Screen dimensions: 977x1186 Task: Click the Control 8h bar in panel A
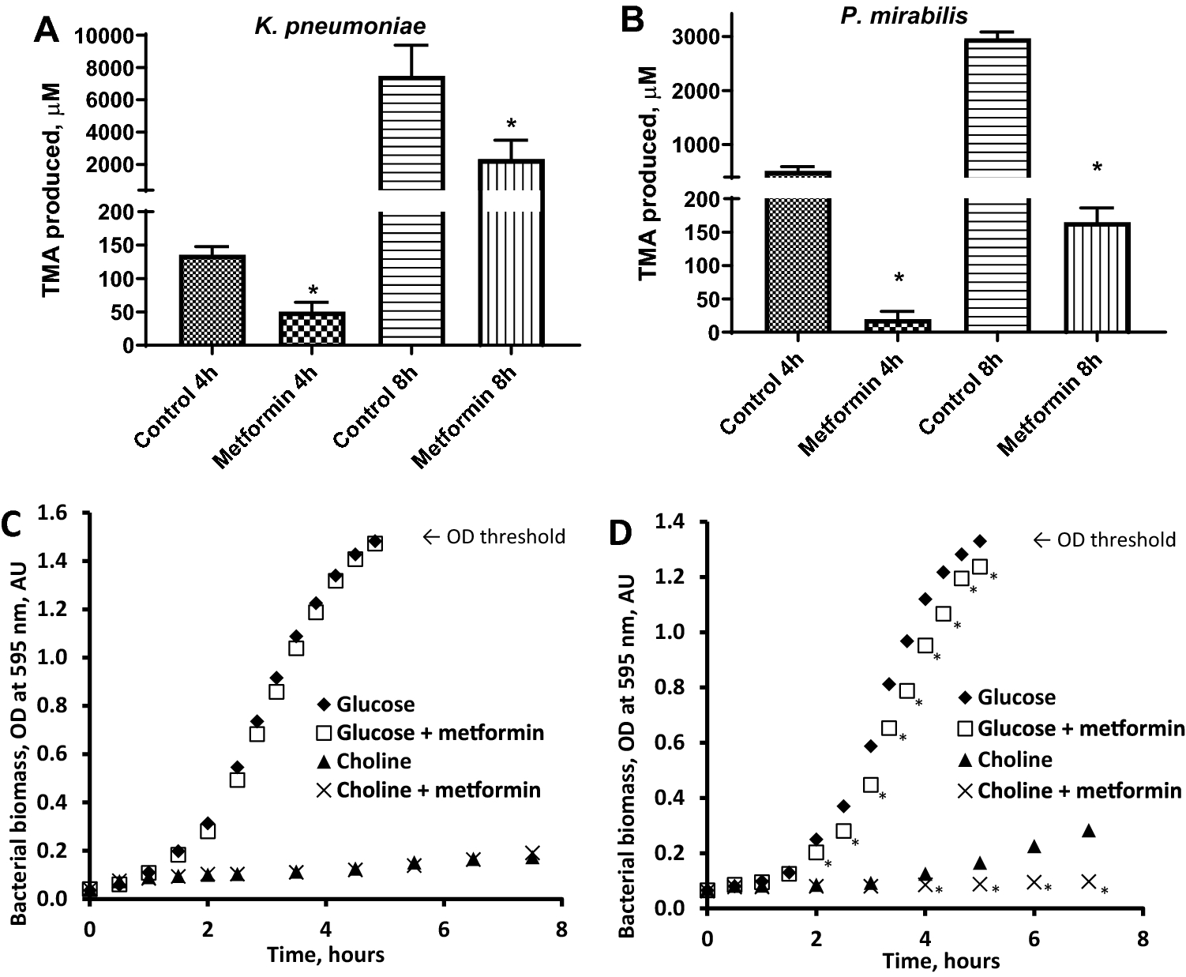411,237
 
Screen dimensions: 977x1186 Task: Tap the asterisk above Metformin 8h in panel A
511,125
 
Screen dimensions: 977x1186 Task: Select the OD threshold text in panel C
494,537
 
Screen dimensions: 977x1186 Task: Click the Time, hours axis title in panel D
941,960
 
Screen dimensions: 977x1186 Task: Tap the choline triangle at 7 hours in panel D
1088,830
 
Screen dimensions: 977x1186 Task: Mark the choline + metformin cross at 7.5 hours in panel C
532,854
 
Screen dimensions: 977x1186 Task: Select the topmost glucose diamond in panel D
980,541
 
